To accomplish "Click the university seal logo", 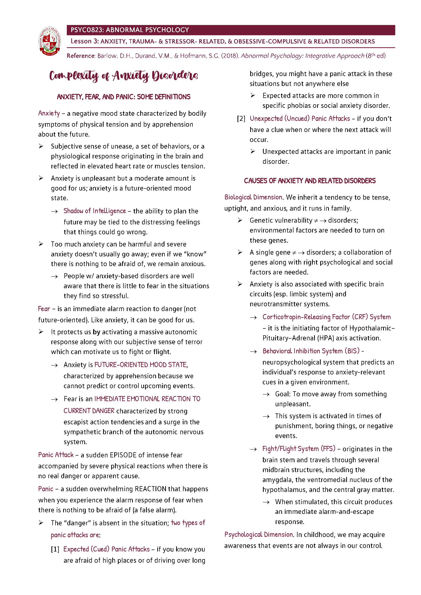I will coord(50,41).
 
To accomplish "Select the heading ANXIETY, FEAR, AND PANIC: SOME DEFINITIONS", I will coord(124,97).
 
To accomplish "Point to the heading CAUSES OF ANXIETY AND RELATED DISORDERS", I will coord(310,181).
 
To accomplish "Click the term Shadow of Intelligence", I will coord(95,211).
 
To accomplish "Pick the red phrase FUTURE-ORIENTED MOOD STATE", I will coord(141,365).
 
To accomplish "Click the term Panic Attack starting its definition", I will coord(56,455).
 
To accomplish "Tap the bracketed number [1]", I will coord(55,549).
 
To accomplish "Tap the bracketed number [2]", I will coord(241,119).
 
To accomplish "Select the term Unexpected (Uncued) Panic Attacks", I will coord(300,119).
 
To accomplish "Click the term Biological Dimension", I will coord(253,197).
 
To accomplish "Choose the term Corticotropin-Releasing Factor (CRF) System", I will coord(326,317).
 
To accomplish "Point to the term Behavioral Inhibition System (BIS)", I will coord(311,351).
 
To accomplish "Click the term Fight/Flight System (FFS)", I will coord(299,448).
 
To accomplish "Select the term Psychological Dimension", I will coord(258,534).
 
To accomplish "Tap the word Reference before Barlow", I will coord(81,56).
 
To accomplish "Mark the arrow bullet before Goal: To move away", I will coord(266,395).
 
